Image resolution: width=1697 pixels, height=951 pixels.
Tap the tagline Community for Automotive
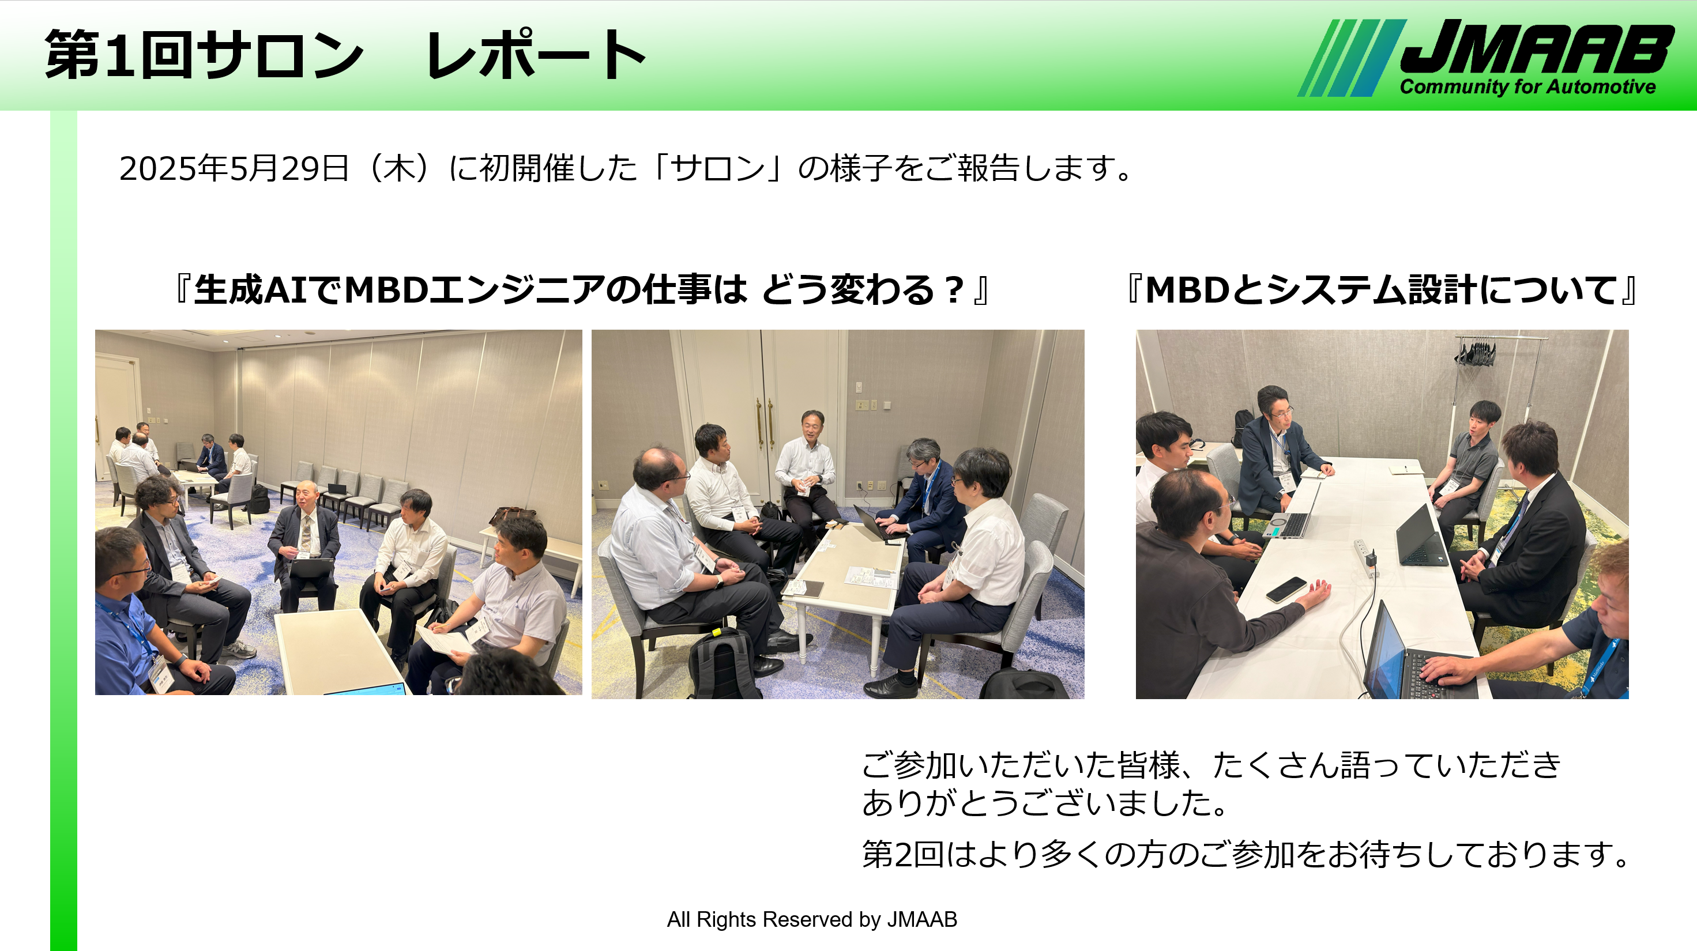click(x=1527, y=87)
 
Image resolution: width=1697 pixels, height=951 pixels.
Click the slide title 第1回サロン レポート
click(x=344, y=54)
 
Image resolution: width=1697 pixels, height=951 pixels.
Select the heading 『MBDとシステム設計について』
click(x=1382, y=290)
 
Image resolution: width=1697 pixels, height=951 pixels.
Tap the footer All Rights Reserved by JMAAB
click(x=812, y=919)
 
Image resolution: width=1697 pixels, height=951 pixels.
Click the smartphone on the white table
click(x=1286, y=589)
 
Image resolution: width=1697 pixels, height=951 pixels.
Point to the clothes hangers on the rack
click(x=1476, y=352)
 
